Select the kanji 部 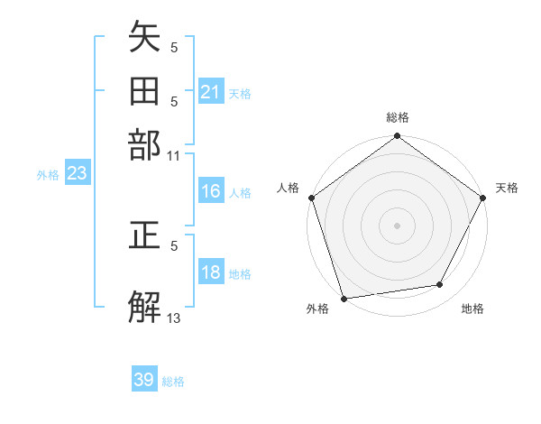click(144, 144)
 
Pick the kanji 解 click(144, 307)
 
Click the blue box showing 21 click(211, 91)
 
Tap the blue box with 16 click(211, 191)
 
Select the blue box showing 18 click(211, 272)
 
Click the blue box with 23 click(77, 174)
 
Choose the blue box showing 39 click(144, 380)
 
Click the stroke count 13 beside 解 click(174, 318)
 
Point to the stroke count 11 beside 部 click(174, 155)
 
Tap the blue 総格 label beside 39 click(174, 382)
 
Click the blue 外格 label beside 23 click(48, 175)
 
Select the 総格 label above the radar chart click(398, 117)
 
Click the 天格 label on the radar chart click(507, 188)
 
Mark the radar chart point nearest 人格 click(312, 198)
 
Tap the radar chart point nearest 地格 click(440, 285)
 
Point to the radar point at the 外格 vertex click(344, 299)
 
